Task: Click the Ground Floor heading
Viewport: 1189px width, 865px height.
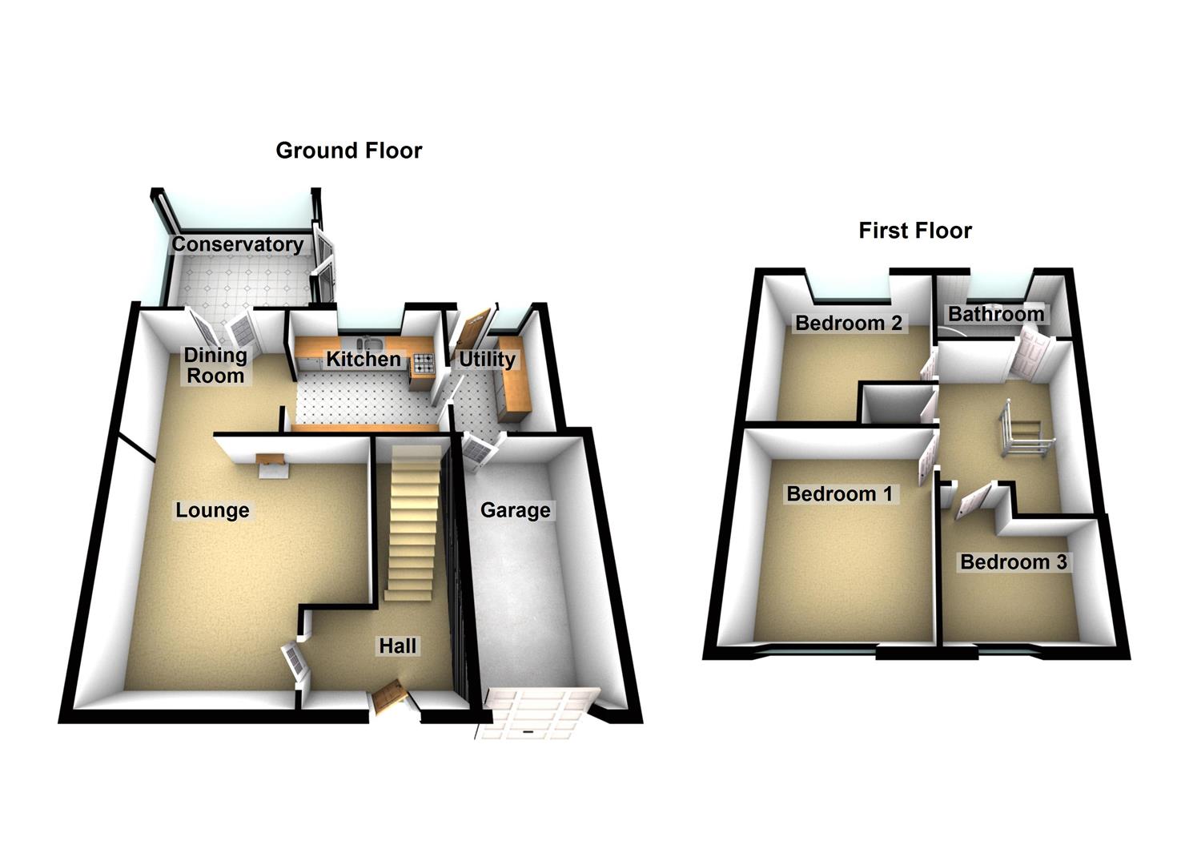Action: [x=348, y=151]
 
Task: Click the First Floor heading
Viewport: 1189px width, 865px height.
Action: [x=914, y=231]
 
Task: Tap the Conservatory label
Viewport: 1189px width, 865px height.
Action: [x=238, y=244]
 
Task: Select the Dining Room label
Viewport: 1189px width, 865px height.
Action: [x=215, y=365]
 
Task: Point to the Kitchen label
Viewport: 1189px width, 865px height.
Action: [x=363, y=359]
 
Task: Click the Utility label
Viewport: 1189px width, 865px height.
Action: [x=486, y=360]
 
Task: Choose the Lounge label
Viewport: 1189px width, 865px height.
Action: [x=212, y=510]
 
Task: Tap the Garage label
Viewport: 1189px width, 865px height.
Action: [x=515, y=510]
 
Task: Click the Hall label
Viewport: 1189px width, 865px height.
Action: [x=397, y=646]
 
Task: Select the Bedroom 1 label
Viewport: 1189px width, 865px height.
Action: [x=839, y=493]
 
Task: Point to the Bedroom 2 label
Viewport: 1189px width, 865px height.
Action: [x=848, y=323]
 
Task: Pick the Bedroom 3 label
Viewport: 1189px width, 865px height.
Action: [x=1013, y=562]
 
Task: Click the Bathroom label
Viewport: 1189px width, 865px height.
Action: [x=996, y=314]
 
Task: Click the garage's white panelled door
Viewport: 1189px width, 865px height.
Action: [x=536, y=713]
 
